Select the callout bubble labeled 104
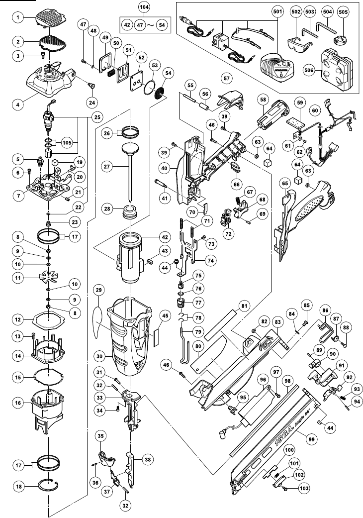click(x=145, y=9)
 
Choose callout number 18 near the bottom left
click(x=18, y=487)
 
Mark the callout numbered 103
click(x=303, y=490)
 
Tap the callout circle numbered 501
click(x=277, y=9)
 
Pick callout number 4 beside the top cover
click(x=18, y=105)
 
